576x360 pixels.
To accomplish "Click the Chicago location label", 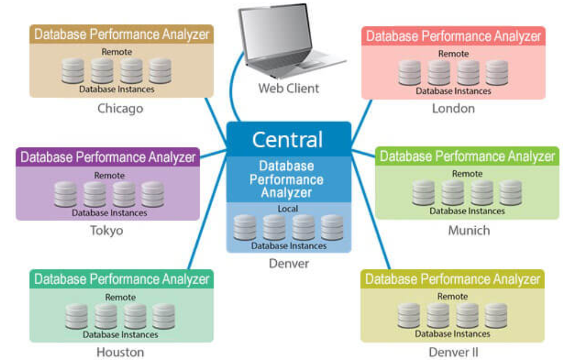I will coord(120,108).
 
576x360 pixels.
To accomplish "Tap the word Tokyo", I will coord(106,230).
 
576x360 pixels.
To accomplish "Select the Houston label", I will coord(120,352).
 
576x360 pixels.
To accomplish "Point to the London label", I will coord(453,108).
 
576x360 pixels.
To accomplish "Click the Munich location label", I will coord(469,230).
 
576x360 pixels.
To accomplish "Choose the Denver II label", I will coord(453,352).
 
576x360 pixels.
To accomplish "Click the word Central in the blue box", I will coord(287,139).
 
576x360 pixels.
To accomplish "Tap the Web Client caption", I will coord(289,88).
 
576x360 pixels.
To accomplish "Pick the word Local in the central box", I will coord(288,209).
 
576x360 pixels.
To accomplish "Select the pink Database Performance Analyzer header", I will coord(453,37).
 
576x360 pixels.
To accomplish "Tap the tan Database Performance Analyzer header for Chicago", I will coord(121,34).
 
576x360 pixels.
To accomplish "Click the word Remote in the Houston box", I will coord(120,297).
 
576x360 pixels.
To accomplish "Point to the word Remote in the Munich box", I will coord(467,174).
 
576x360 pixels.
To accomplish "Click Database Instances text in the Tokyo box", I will coord(109,213).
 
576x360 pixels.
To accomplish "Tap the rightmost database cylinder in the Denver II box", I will coord(496,316).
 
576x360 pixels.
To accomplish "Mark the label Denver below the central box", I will coord(289,263).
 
